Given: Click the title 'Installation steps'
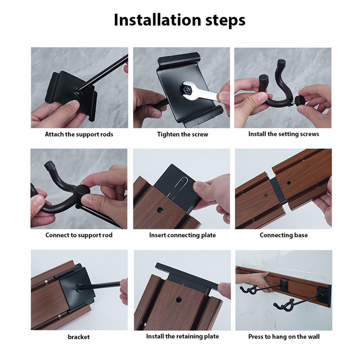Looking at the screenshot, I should pos(180,20).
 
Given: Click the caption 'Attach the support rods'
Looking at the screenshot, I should pos(79,134).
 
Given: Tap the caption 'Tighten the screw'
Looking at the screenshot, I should pos(182,134).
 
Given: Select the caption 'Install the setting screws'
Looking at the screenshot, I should pos(283,134).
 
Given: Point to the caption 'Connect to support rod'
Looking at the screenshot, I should pos(79,235).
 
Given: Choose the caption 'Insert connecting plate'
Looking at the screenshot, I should pos(182,235).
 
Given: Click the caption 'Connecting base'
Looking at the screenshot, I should pos(283,235).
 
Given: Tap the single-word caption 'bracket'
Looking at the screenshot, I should pos(79,337).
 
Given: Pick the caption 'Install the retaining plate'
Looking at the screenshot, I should pos(182,336).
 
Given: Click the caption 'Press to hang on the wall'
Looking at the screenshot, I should pos(284,337).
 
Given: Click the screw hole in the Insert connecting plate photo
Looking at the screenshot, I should pos(160,210).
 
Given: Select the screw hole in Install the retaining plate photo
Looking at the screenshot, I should pos(179,300).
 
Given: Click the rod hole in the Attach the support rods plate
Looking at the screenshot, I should pos(77,90).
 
